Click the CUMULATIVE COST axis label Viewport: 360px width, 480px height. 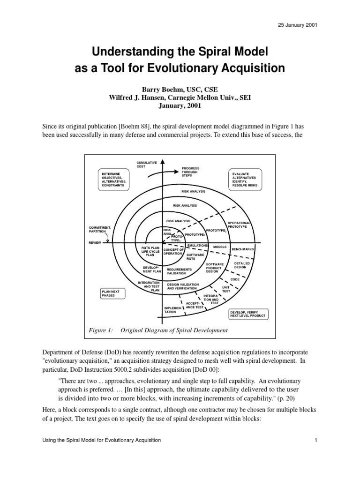click(x=146, y=164)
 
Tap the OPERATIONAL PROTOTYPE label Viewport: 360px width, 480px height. click(x=240, y=225)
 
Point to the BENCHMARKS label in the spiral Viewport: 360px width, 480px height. click(x=243, y=249)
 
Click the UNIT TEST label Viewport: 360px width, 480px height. click(x=226, y=289)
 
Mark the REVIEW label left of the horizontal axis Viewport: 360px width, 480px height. click(x=96, y=243)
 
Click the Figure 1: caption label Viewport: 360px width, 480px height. click(x=101, y=330)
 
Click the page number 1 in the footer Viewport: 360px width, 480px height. click(x=317, y=440)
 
